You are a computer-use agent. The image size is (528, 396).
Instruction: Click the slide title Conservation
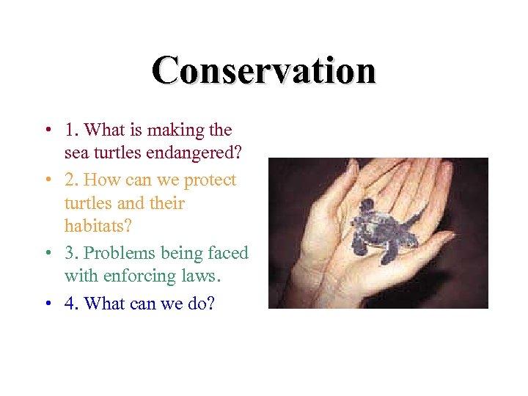tap(264, 71)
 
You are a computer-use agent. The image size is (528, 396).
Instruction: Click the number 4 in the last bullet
tap(70, 302)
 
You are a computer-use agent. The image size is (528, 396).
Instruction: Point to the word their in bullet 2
tap(167, 203)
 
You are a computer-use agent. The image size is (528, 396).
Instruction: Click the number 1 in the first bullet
tap(70, 131)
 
